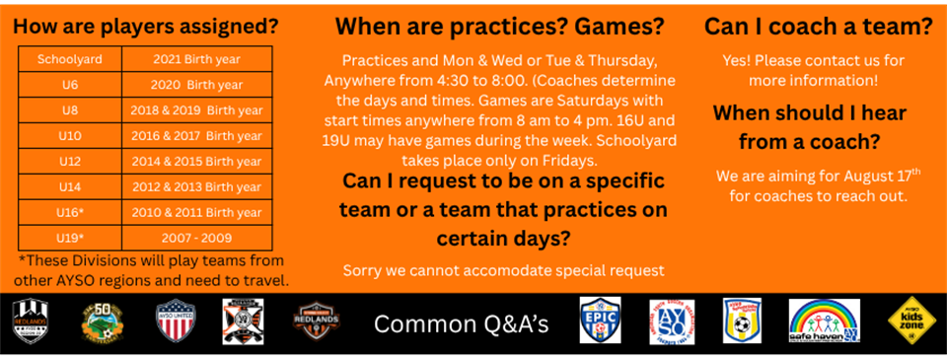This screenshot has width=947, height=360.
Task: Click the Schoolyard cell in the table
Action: [70, 59]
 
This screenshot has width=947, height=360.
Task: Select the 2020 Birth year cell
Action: [197, 85]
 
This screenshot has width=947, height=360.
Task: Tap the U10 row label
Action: [70, 136]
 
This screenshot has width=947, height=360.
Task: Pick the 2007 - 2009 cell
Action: [197, 238]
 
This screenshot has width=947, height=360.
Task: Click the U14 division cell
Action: [70, 187]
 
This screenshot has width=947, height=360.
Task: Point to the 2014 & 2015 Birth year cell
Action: [197, 162]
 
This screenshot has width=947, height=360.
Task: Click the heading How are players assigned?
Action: [146, 27]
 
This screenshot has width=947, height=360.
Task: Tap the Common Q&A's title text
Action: [462, 324]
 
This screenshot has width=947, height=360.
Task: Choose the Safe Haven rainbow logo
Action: [825, 321]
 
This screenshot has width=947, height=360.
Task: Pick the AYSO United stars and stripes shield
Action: [176, 321]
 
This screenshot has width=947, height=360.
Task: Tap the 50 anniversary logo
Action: [102, 321]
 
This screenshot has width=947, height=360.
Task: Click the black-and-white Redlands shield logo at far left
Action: [31, 321]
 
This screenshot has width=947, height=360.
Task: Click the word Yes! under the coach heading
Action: [736, 60]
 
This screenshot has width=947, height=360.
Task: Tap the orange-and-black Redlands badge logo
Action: [317, 322]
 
